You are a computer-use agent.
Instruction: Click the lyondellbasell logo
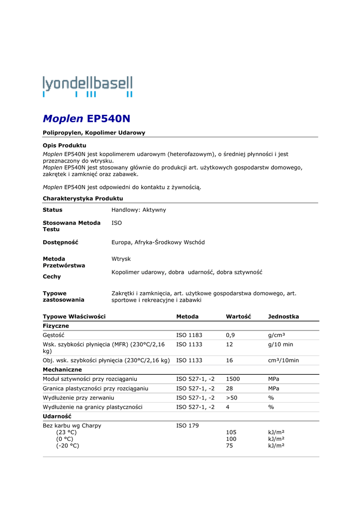88,86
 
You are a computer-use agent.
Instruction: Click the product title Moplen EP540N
87,119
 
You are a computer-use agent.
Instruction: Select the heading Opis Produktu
65,145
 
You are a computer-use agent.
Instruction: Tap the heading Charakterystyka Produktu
83,198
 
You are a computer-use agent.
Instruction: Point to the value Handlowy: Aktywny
139,210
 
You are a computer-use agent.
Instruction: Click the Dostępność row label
61,242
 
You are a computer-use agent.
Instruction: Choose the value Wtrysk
121,259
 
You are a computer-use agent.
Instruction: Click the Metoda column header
187,317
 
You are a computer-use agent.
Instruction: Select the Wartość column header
238,317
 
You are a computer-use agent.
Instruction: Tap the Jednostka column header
283,317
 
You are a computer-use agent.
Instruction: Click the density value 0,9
230,335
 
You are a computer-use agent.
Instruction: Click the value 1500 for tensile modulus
233,379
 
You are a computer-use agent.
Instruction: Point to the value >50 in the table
232,398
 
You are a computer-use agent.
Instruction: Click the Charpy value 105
231,432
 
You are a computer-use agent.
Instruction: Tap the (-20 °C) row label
68,445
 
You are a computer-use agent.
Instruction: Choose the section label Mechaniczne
62,370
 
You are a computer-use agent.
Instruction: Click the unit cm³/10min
283,360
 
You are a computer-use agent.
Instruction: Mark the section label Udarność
57,416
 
